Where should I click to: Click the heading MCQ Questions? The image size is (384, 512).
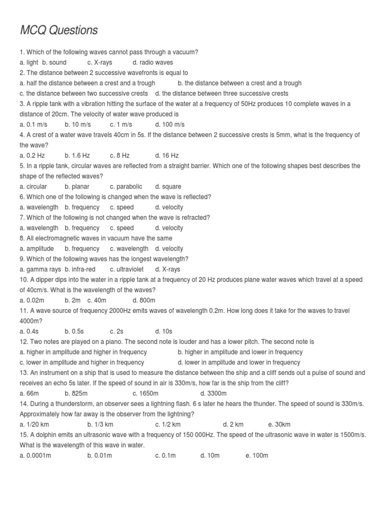click(58, 30)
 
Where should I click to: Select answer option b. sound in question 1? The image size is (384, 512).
click(54, 62)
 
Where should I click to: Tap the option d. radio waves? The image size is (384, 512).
click(153, 62)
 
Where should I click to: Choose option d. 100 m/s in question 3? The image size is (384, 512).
click(169, 124)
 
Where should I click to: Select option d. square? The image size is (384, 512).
click(168, 186)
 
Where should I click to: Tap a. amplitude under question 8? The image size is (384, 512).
click(34, 248)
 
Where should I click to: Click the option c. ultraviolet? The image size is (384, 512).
click(127, 269)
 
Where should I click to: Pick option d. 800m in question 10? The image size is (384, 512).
click(144, 300)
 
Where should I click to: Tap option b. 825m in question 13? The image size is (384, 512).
click(76, 393)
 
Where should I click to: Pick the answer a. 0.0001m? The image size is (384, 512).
click(35, 455)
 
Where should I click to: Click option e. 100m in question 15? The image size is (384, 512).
click(257, 455)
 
